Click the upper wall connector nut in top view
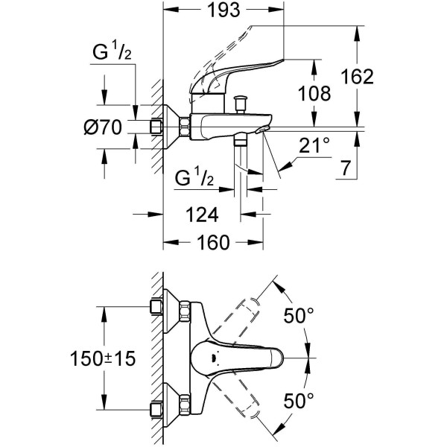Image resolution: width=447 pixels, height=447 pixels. click(158, 307)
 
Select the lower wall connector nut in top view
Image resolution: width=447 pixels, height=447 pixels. click(158, 409)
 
